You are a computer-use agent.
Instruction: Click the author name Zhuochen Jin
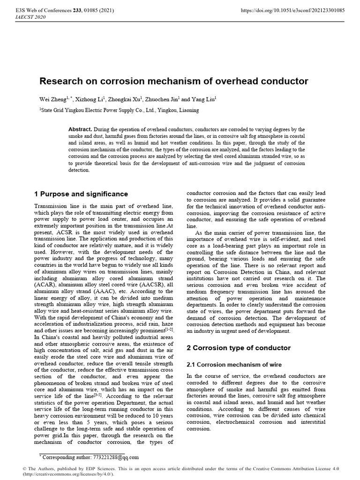tap(163, 99)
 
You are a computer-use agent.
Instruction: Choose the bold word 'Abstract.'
tap(80, 129)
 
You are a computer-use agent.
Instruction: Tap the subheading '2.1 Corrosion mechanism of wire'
tap(232, 364)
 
